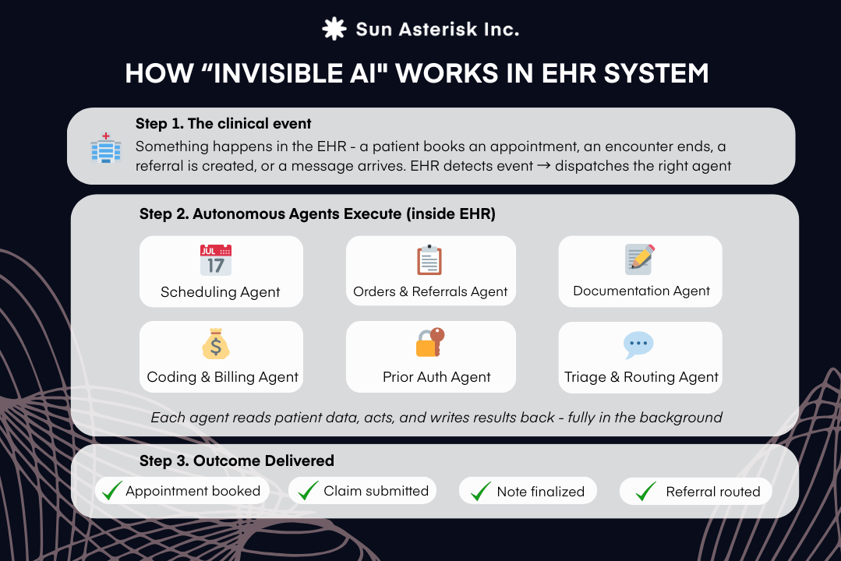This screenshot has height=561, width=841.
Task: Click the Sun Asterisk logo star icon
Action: point(334,29)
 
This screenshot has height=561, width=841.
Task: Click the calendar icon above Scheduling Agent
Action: point(216,260)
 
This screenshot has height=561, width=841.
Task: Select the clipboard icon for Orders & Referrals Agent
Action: point(429,260)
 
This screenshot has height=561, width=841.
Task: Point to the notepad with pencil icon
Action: point(640,259)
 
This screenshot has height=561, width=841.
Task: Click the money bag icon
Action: point(216,345)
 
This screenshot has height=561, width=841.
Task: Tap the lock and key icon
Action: point(429,343)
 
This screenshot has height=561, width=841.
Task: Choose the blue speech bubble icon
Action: point(638,344)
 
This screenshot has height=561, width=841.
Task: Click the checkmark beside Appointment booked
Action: point(113,491)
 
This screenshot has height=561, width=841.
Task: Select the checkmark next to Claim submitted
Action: point(309,491)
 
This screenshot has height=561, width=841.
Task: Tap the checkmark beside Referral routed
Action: point(645,492)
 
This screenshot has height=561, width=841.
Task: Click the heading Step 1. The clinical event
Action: point(224,124)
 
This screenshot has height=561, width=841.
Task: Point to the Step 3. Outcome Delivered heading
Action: point(237,460)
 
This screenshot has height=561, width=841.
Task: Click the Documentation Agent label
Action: point(641,291)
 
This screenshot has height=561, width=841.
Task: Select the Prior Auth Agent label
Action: point(436,377)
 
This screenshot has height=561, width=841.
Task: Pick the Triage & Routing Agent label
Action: point(641,377)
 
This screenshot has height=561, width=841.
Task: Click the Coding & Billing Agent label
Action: point(222,377)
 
